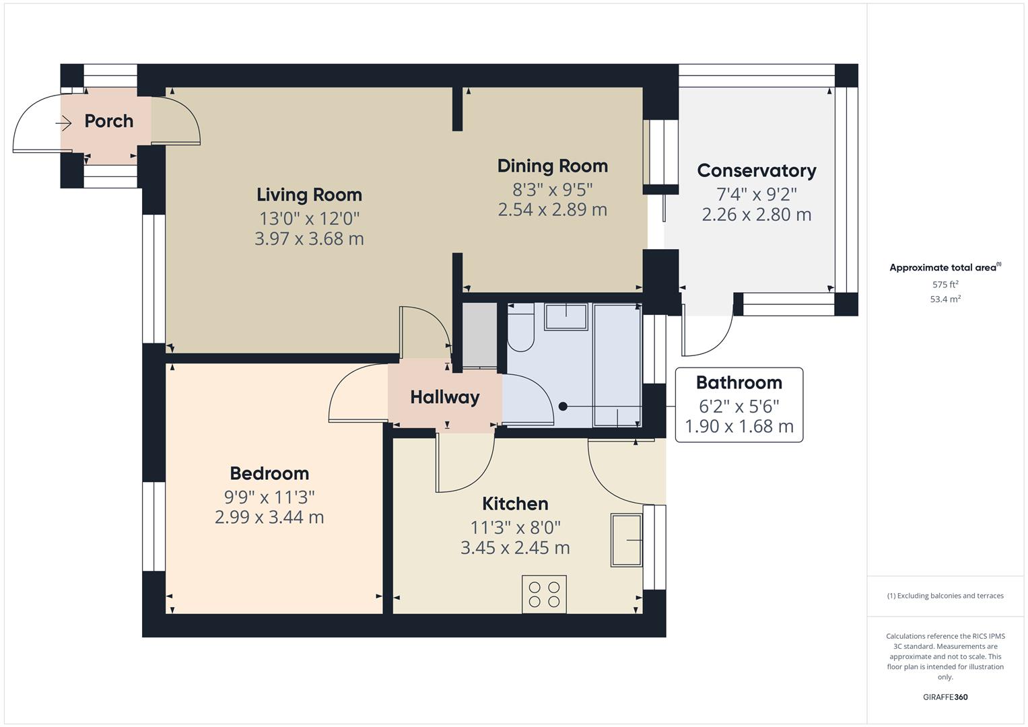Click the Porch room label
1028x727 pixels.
click(x=108, y=121)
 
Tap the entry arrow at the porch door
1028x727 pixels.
click(x=63, y=123)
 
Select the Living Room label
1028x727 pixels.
click(x=309, y=195)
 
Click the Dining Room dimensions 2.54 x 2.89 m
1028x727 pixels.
click(x=552, y=209)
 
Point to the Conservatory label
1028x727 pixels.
click(x=756, y=171)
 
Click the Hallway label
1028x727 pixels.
click(x=444, y=397)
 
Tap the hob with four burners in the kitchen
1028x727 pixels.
click(x=544, y=594)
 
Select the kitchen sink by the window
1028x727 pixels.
click(x=626, y=540)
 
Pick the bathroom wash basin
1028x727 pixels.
click(x=566, y=316)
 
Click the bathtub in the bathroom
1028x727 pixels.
click(x=616, y=365)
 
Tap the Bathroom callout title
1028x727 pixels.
click(x=739, y=383)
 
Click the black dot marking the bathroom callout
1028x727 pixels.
click(x=563, y=407)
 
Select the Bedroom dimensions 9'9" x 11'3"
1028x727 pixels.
click(x=269, y=497)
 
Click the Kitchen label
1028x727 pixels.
click(x=515, y=504)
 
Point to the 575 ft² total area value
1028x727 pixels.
click(x=945, y=285)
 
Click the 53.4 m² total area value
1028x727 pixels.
click(x=945, y=300)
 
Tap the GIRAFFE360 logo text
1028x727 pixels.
click(x=945, y=697)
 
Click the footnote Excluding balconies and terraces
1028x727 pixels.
click(x=945, y=596)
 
